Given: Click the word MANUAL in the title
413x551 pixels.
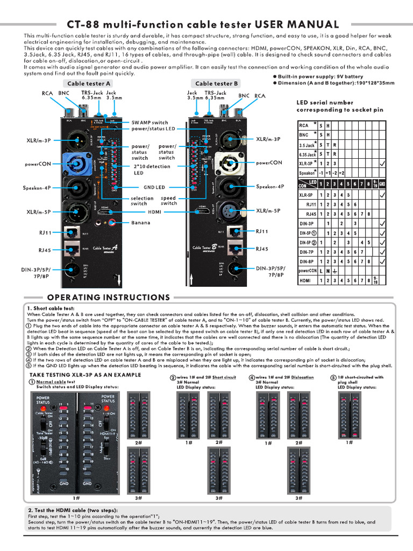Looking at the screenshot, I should pyautogui.click(x=311, y=24).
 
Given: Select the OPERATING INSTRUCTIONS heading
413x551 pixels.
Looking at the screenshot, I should pyautogui.click(x=109, y=297).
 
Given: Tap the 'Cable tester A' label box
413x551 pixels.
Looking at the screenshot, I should pyautogui.click(x=89, y=83).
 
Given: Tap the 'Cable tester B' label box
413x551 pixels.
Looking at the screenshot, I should pyautogui.click(x=216, y=83).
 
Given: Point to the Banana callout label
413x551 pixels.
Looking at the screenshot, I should pyautogui.click(x=141, y=223).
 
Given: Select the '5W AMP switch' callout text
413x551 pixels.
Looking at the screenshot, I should pyautogui.click(x=153, y=123).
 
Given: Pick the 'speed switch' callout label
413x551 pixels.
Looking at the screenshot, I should pyautogui.click(x=168, y=201).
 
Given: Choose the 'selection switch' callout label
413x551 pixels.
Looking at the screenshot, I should pyautogui.click(x=142, y=201).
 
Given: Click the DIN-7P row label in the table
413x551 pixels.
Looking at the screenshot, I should pyautogui.click(x=308, y=252).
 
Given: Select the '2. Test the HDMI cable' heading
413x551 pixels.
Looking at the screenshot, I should pyautogui.click(x=73, y=510).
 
